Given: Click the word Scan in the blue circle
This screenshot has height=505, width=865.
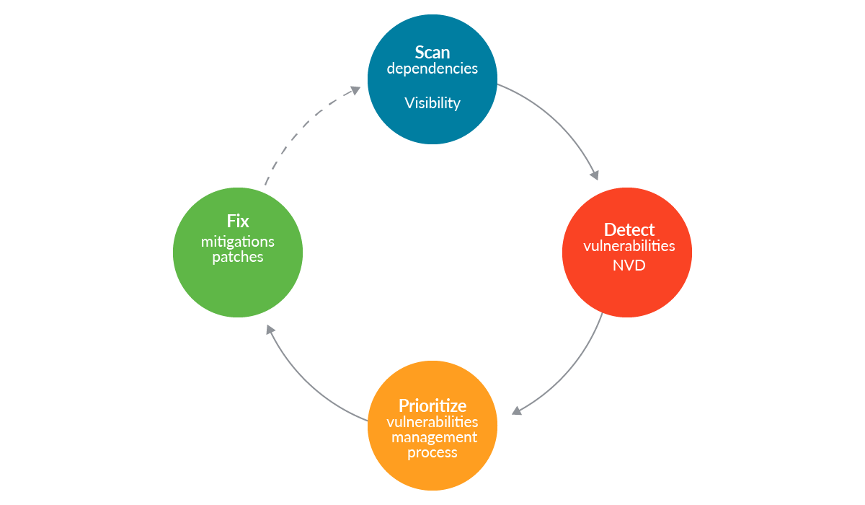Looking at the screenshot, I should (x=432, y=53).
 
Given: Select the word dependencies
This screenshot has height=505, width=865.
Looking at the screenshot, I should (x=432, y=69).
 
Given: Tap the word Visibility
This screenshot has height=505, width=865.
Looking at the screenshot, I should (x=432, y=103).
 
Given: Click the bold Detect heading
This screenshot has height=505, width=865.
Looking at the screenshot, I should (x=629, y=229).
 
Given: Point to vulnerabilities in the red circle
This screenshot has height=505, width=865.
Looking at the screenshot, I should (x=629, y=246).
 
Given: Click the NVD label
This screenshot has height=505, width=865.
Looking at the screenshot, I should (x=629, y=265).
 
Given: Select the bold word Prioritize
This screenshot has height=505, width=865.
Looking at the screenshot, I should (x=432, y=405).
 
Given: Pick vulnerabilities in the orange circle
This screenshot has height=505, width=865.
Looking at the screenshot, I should (x=432, y=422).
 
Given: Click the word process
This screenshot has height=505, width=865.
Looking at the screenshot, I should (x=432, y=453).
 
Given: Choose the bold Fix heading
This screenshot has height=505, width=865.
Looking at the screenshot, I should (x=238, y=221).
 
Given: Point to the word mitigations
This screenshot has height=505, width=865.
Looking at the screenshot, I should (x=238, y=242).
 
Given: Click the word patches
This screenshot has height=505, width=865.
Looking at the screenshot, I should (x=238, y=258).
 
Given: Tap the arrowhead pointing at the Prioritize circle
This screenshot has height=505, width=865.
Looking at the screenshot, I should (x=516, y=411).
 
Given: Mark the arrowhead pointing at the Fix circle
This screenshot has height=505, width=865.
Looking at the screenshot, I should (x=269, y=329).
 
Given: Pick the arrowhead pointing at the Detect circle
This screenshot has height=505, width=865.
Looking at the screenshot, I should (x=594, y=174).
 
